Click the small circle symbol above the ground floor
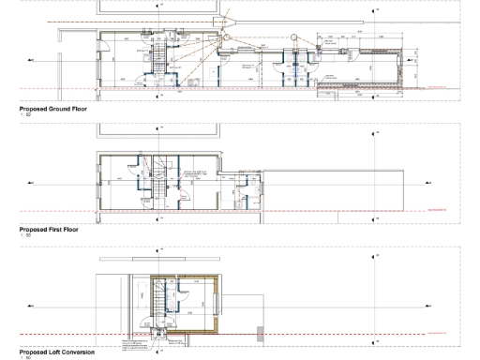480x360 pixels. pos(293,38)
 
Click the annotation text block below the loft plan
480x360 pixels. pos(137,346)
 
